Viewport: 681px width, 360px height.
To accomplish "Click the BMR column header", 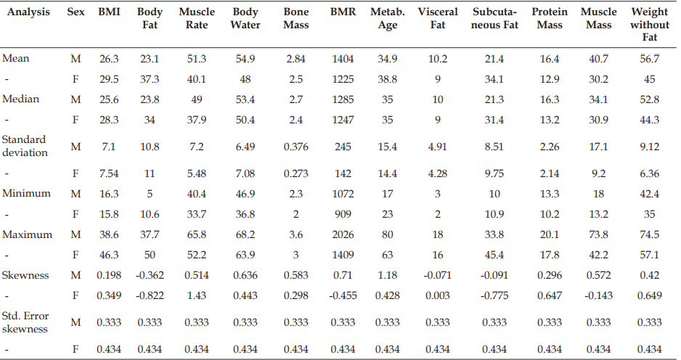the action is point(343,12).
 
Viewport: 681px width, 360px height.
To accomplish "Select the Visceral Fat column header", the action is point(438,18).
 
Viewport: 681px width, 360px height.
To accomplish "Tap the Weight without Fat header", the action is point(650,25).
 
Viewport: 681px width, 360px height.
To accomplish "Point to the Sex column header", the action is point(76,12).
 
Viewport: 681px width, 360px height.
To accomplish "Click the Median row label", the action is point(20,99).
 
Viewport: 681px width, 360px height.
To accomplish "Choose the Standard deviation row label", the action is point(25,146).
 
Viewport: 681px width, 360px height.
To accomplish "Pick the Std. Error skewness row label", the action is point(25,322).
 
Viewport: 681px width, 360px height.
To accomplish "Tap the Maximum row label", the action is point(27,234).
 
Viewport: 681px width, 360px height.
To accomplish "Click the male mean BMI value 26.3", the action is point(109,59).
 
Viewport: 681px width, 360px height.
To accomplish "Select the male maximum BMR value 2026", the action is point(343,234).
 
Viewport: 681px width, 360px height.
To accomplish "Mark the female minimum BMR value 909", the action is point(343,214).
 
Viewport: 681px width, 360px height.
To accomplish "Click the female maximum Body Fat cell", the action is point(150,255).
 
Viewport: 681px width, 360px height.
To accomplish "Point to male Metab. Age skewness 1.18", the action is point(388,275).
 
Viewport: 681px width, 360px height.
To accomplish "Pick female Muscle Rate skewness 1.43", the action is point(197,295).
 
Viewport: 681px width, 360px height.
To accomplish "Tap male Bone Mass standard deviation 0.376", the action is point(295,147).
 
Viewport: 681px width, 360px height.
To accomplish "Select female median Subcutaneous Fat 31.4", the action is point(494,120).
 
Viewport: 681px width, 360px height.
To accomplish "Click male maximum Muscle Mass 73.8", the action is point(598,234).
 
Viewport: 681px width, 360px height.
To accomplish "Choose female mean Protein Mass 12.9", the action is point(550,79).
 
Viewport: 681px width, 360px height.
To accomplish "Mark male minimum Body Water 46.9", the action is point(245,194).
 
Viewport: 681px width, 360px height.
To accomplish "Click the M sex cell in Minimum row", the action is point(76,194).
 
